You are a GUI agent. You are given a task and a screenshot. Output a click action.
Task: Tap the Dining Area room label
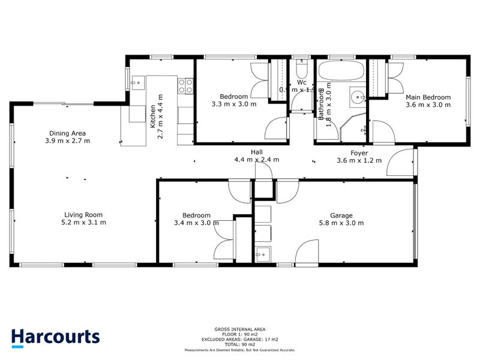coord(67,134)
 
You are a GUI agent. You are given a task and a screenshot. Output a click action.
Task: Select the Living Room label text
coord(84,215)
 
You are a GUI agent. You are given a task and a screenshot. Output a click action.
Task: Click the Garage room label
coord(341,215)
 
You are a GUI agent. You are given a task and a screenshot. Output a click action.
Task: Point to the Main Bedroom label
coord(428,97)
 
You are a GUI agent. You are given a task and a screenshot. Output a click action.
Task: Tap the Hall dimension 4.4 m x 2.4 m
coord(257,160)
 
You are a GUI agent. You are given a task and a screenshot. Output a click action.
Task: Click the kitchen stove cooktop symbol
coord(185,86)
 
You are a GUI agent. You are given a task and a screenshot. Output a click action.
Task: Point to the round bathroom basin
coord(358,96)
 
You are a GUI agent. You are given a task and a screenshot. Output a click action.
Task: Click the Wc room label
coord(302,82)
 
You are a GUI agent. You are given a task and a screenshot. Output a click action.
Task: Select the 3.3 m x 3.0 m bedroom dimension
coord(234,104)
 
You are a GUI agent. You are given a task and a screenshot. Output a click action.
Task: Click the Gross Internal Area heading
coord(239,329)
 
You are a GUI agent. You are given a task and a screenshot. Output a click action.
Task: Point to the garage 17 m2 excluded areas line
coord(240,339)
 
